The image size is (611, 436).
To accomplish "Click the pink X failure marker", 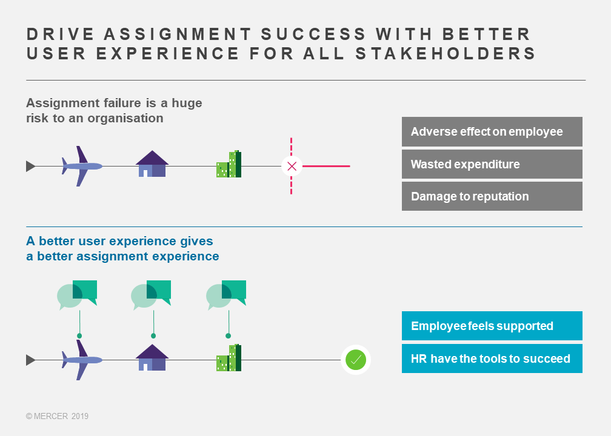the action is click(292, 166).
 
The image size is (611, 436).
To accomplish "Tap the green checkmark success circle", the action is click(356, 360).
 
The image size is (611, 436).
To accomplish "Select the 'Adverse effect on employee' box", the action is click(492, 131).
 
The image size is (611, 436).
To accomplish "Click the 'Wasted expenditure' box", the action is click(492, 164).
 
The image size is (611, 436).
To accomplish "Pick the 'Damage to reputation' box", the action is click(492, 196).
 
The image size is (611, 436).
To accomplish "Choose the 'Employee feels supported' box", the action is click(492, 326).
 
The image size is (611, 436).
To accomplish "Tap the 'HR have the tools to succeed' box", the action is click(492, 358).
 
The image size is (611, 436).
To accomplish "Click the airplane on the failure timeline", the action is click(82, 166).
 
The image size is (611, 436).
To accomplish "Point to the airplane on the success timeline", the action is click(82, 360).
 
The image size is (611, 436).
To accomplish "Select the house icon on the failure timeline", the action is click(152, 164).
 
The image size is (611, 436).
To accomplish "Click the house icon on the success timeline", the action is click(152, 357).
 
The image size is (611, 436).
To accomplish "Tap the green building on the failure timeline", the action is click(229, 164).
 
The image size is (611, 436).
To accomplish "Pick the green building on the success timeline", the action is click(229, 358).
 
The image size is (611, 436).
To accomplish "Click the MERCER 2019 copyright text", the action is click(57, 416).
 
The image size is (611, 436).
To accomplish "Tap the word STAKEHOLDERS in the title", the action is click(446, 53).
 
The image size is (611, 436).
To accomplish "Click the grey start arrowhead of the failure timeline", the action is click(31, 166).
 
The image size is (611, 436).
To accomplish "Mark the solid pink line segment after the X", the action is click(326, 166).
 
